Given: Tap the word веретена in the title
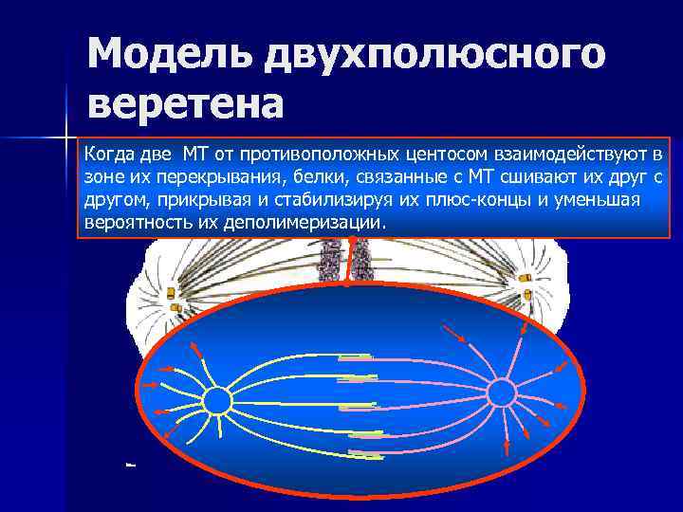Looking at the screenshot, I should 185,103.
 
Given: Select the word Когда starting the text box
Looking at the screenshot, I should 110,154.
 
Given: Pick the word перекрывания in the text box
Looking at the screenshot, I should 201,177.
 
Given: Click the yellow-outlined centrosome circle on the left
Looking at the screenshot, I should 217,401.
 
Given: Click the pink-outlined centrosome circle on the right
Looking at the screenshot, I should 501,392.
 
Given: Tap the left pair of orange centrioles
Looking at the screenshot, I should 173,298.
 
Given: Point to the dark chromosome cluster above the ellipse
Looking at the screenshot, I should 331,260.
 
